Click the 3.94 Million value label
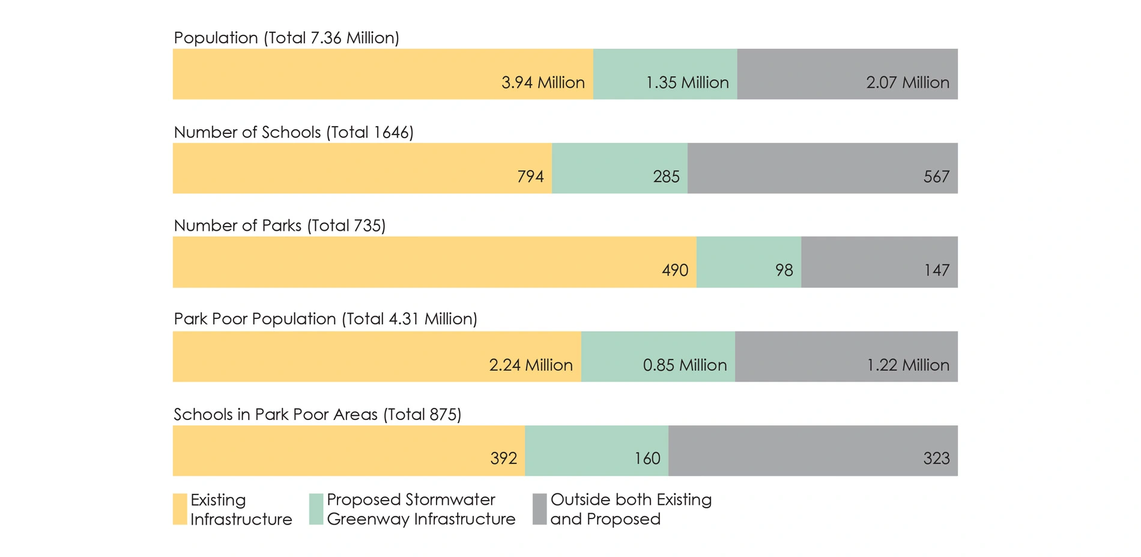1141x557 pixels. [543, 82]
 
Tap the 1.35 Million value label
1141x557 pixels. [687, 82]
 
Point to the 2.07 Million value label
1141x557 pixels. [907, 82]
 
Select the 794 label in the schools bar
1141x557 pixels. [530, 177]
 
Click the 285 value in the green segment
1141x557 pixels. [666, 177]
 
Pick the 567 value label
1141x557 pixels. [936, 177]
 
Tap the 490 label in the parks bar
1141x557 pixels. [675, 270]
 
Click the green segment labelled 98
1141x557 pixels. [748, 262]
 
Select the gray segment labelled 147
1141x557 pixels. [879, 262]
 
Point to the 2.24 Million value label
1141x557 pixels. [531, 365]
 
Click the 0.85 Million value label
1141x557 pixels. [685, 365]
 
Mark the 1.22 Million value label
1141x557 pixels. [907, 365]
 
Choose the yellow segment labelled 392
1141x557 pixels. [348, 451]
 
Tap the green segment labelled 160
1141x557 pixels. [596, 451]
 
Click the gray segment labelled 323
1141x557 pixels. [813, 451]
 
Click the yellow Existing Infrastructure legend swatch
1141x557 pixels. [180, 509]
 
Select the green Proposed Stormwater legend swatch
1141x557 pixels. [316, 509]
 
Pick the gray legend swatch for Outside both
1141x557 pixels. [539, 509]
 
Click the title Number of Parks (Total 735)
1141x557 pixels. [279, 225]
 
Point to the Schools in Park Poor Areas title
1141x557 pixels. [317, 415]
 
